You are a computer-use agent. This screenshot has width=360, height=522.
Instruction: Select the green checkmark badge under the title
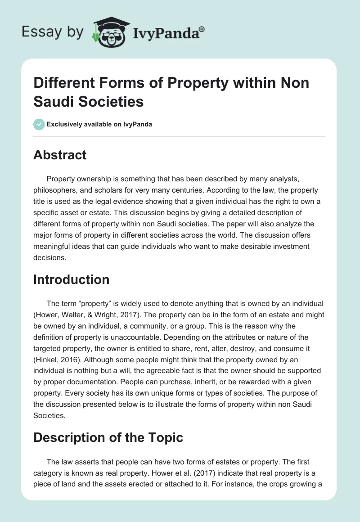[x=39, y=124]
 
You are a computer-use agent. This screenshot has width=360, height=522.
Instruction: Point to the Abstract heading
[x=60, y=155]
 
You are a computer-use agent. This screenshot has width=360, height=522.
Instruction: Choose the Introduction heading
[x=72, y=279]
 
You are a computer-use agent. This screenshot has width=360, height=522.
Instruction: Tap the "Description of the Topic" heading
[x=108, y=437]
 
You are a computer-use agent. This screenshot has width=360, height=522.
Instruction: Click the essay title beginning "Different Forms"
[x=171, y=92]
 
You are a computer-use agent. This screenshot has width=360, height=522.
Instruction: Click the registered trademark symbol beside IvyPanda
[x=202, y=29]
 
